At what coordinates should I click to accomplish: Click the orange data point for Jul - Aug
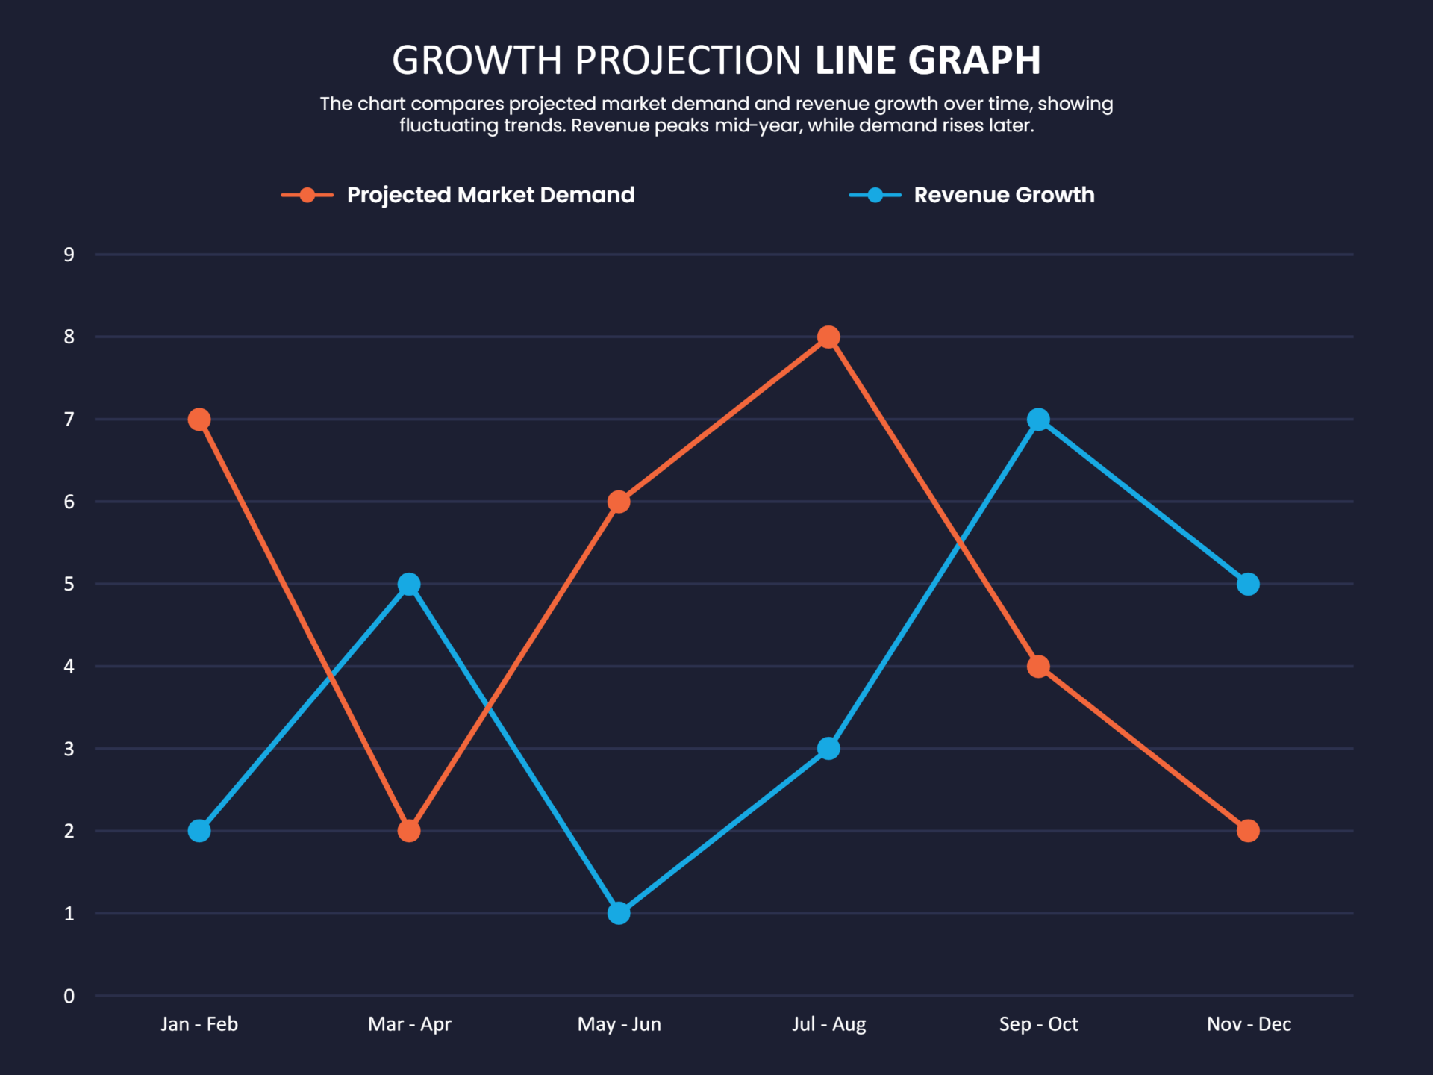(x=828, y=337)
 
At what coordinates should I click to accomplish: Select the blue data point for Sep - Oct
(x=1038, y=420)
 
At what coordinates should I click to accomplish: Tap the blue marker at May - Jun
(x=619, y=913)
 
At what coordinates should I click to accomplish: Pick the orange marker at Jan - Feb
(x=199, y=420)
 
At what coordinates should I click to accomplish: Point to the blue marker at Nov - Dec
(x=1248, y=584)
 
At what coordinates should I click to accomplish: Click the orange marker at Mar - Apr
(x=409, y=831)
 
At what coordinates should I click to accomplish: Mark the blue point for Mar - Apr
(x=409, y=584)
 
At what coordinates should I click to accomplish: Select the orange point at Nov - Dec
(x=1248, y=831)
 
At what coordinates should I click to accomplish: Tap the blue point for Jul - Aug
(x=828, y=749)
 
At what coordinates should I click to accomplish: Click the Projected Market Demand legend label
(x=490, y=195)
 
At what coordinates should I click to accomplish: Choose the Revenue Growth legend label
(x=1004, y=195)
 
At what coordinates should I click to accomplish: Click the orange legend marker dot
(x=307, y=196)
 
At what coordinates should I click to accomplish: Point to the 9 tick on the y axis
(x=69, y=255)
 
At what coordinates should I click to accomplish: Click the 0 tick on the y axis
(x=69, y=996)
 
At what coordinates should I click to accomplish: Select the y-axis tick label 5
(x=69, y=584)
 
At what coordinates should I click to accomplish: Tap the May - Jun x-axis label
(x=619, y=1024)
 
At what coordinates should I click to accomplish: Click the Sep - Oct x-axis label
(x=1038, y=1024)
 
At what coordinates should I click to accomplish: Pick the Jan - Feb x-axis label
(x=199, y=1024)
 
